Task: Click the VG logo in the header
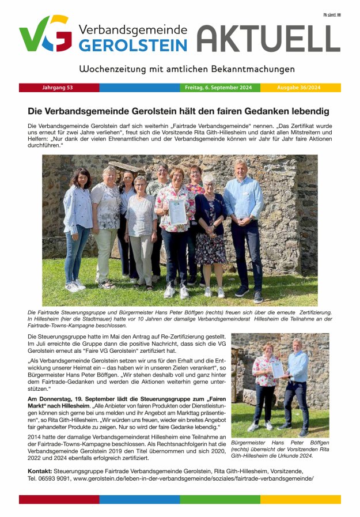(x=45, y=34)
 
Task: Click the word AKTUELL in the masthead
(x=268, y=39)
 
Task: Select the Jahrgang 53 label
(x=58, y=88)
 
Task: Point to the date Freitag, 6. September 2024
(x=218, y=88)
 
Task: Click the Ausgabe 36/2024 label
(x=300, y=88)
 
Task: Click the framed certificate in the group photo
(x=177, y=212)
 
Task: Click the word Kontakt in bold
(x=39, y=471)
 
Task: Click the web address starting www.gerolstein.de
(x=194, y=479)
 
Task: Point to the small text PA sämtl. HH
(x=331, y=15)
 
